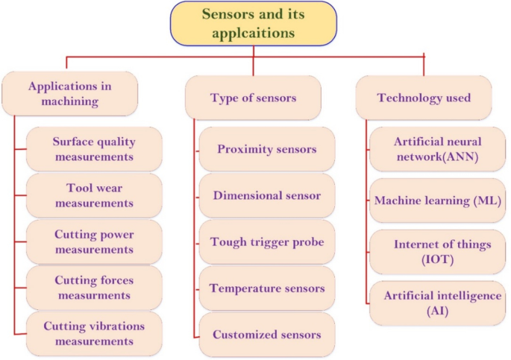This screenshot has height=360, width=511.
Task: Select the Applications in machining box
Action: tap(70, 93)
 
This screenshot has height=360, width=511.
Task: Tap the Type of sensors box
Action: tap(253, 98)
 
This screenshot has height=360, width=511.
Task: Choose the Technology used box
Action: tap(423, 98)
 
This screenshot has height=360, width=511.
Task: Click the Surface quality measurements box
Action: tap(94, 149)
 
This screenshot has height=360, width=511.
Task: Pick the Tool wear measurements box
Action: tap(94, 195)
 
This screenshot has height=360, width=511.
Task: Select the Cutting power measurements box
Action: tap(94, 241)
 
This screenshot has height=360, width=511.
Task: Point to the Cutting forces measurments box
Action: tap(94, 288)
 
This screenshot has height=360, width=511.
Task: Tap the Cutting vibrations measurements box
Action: tap(94, 334)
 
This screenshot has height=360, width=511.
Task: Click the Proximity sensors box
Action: tap(266, 149)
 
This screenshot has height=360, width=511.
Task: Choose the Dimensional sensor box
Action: tap(266, 196)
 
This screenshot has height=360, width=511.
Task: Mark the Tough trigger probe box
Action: tap(266, 242)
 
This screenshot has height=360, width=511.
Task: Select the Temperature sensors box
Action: tap(266, 288)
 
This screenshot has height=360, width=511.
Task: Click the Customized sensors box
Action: tap(266, 335)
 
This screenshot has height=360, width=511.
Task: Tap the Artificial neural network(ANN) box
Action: tap(437, 149)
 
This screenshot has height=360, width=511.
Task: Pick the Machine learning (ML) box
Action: tap(437, 200)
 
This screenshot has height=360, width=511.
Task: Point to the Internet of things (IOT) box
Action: tap(437, 252)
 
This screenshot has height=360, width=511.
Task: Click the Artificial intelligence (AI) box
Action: tap(437, 303)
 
